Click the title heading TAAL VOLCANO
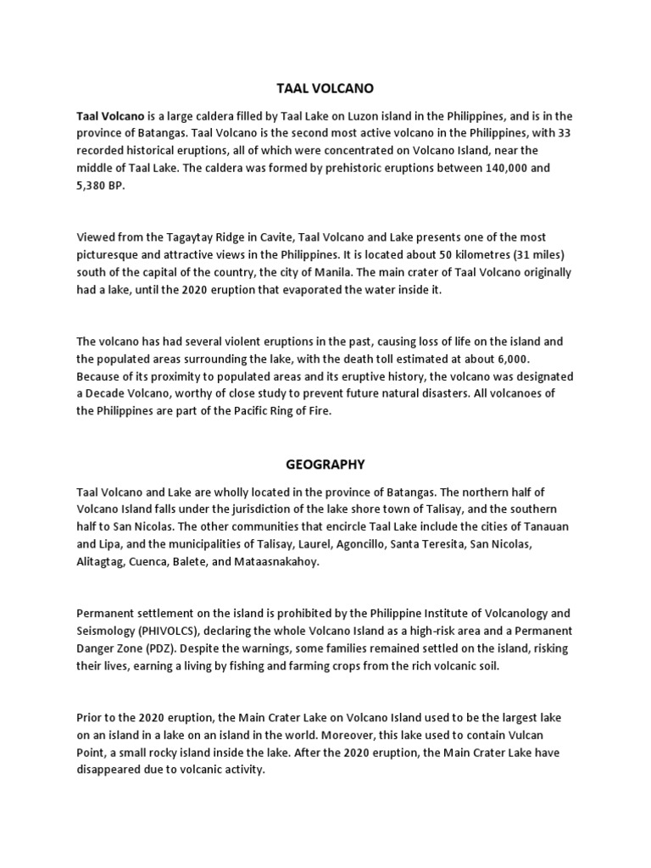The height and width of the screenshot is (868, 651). click(x=325, y=87)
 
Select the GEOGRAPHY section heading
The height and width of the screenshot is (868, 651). click(x=325, y=464)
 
